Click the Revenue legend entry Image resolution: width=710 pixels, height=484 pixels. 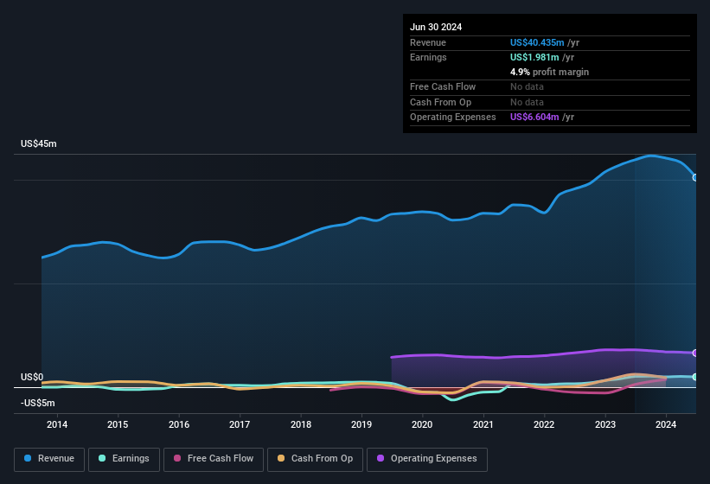pos(48,459)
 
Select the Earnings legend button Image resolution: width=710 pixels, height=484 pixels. pos(123,459)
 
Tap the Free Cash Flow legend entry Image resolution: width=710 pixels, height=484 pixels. pos(214,459)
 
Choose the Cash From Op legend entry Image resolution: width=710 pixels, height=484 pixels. pos(315,459)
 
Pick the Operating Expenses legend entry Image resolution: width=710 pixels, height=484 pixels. pos(427,459)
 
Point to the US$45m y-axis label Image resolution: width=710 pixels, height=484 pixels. pos(39,143)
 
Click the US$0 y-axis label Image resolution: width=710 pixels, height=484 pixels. pos(32,378)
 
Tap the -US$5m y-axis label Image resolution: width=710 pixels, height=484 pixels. pos(38,403)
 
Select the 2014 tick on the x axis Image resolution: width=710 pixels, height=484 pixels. pos(57,424)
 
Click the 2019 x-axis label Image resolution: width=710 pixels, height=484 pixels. pos(361,424)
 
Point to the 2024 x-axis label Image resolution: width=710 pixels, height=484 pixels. pos(666,424)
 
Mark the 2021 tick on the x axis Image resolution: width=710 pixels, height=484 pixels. pos(483,424)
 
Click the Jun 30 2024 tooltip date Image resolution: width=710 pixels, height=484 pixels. pos(436,27)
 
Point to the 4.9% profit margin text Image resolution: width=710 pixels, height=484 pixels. pos(549,72)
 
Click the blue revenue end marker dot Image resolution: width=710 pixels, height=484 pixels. pos(694,177)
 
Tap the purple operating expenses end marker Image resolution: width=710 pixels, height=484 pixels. pos(694,353)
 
